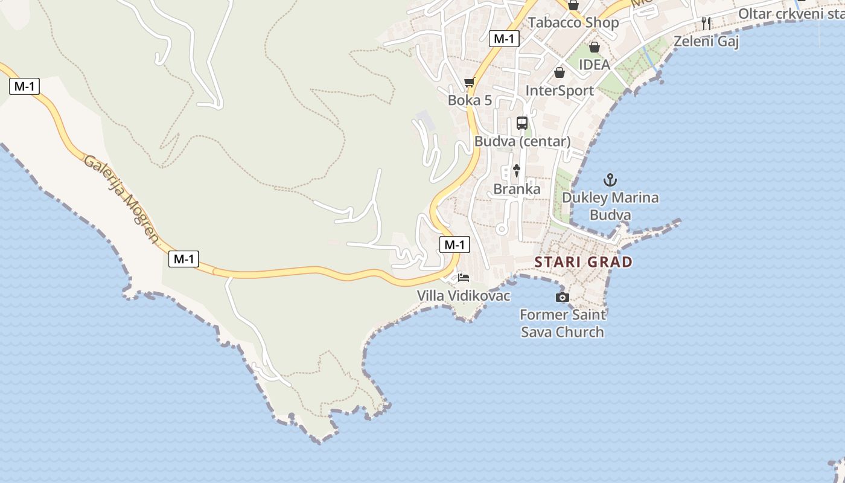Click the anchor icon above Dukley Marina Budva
tap(610, 180)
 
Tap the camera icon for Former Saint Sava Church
tap(562, 297)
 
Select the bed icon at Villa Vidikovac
tap(464, 278)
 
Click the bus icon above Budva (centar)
tap(522, 123)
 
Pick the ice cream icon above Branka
tap(517, 171)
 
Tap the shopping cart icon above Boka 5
tap(469, 82)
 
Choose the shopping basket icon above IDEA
tap(595, 46)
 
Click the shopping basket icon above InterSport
tap(560, 72)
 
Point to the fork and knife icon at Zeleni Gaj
tap(706, 24)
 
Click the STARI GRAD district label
tap(584, 262)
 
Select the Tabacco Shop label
tap(573, 23)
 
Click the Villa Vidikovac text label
tap(464, 296)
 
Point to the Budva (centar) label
tap(522, 141)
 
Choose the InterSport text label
tap(560, 91)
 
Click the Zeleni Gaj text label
tap(706, 41)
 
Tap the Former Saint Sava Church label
tap(562, 323)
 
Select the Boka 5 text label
tap(470, 100)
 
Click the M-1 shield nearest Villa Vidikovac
tap(454, 245)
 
